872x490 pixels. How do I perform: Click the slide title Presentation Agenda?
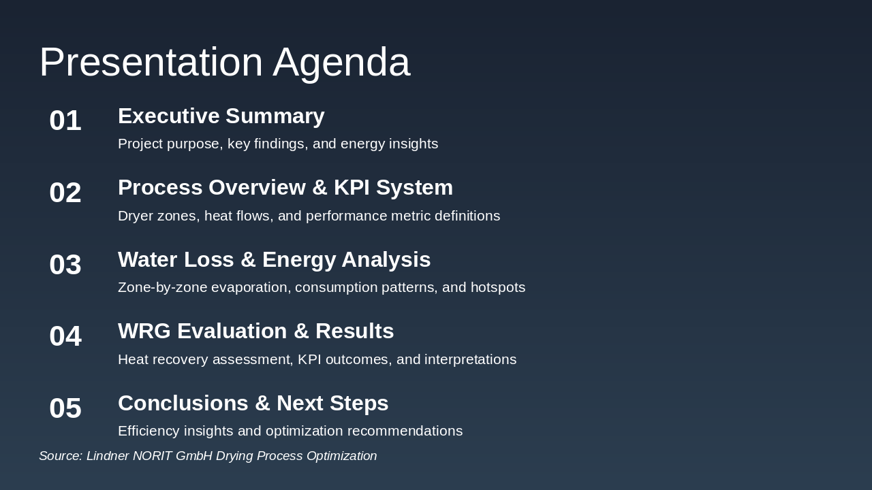point(224,62)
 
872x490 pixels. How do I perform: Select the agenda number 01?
point(65,120)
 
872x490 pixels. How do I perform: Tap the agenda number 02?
point(65,193)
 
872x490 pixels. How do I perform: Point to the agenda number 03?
point(65,265)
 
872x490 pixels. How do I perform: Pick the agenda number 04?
point(65,336)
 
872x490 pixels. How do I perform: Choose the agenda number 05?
point(65,408)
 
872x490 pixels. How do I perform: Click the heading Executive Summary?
point(221,116)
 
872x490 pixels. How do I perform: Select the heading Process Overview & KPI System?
point(285,188)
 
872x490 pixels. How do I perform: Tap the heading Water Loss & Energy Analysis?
point(274,260)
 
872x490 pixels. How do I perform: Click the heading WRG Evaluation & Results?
point(255,331)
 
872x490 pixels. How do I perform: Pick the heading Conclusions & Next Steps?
point(253,404)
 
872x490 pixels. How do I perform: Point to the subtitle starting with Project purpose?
point(278,144)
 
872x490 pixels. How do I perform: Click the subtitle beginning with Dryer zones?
point(309,216)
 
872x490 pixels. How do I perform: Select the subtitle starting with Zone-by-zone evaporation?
point(322,288)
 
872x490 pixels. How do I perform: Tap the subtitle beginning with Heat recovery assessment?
point(317,359)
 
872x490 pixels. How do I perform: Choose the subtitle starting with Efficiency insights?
point(290,431)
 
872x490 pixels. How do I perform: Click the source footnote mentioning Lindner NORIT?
point(208,456)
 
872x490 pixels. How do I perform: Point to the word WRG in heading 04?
point(142,331)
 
